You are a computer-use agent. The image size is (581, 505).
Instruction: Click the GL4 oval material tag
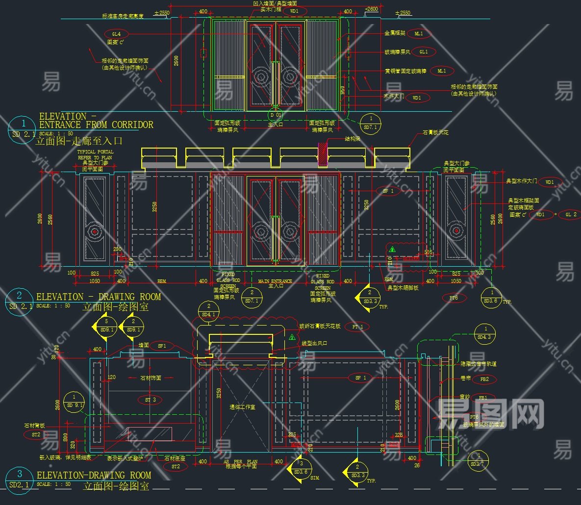tap(116, 34)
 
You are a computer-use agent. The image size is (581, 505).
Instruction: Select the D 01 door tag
tap(276, 115)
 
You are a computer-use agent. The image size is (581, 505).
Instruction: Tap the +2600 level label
tap(372, 9)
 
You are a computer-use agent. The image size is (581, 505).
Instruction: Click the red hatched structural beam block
tap(323, 154)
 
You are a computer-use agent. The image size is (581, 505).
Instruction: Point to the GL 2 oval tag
tap(571, 214)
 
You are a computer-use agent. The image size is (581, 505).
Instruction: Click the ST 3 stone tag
tap(151, 400)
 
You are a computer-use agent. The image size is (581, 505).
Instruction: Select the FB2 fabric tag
tap(484, 379)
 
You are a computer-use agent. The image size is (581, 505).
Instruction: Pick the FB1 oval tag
tap(483, 398)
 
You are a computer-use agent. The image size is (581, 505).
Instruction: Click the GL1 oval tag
tap(424, 51)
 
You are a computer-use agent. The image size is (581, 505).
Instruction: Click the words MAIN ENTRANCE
tap(275, 281)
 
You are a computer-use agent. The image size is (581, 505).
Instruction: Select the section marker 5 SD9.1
tap(107, 326)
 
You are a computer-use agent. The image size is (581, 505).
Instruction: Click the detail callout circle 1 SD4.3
tap(486, 333)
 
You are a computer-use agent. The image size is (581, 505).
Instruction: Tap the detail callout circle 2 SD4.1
tap(208, 310)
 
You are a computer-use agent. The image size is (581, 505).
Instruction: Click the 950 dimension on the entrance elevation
tap(342, 90)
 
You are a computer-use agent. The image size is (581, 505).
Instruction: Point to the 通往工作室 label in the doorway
tap(242, 407)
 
